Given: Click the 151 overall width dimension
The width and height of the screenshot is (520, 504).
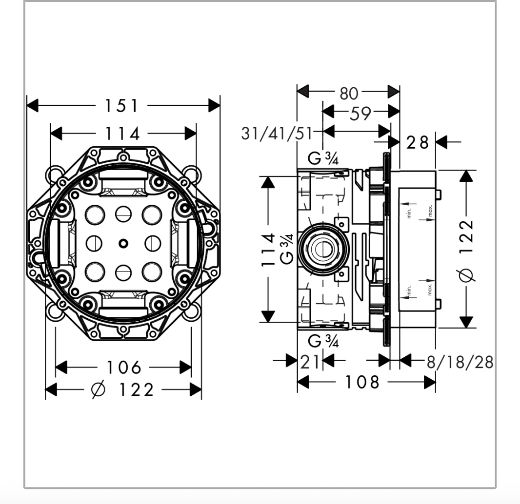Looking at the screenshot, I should [x=122, y=105].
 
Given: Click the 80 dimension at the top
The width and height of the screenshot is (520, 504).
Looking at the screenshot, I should [x=349, y=93].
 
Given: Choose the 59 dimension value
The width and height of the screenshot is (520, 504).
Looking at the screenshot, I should [x=360, y=113].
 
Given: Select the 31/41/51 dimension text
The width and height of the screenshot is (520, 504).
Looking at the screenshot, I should [x=277, y=134].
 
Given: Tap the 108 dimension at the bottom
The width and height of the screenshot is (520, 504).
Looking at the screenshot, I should [x=362, y=382].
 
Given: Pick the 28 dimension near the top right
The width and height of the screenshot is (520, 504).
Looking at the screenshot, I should [x=417, y=142].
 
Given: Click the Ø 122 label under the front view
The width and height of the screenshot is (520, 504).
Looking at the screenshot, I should [x=123, y=390].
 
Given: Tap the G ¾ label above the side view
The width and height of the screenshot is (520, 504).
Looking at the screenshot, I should [x=324, y=159].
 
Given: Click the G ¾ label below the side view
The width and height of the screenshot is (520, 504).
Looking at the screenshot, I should [x=324, y=341].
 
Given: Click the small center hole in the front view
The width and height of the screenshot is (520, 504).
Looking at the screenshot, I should [x=122, y=242].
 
